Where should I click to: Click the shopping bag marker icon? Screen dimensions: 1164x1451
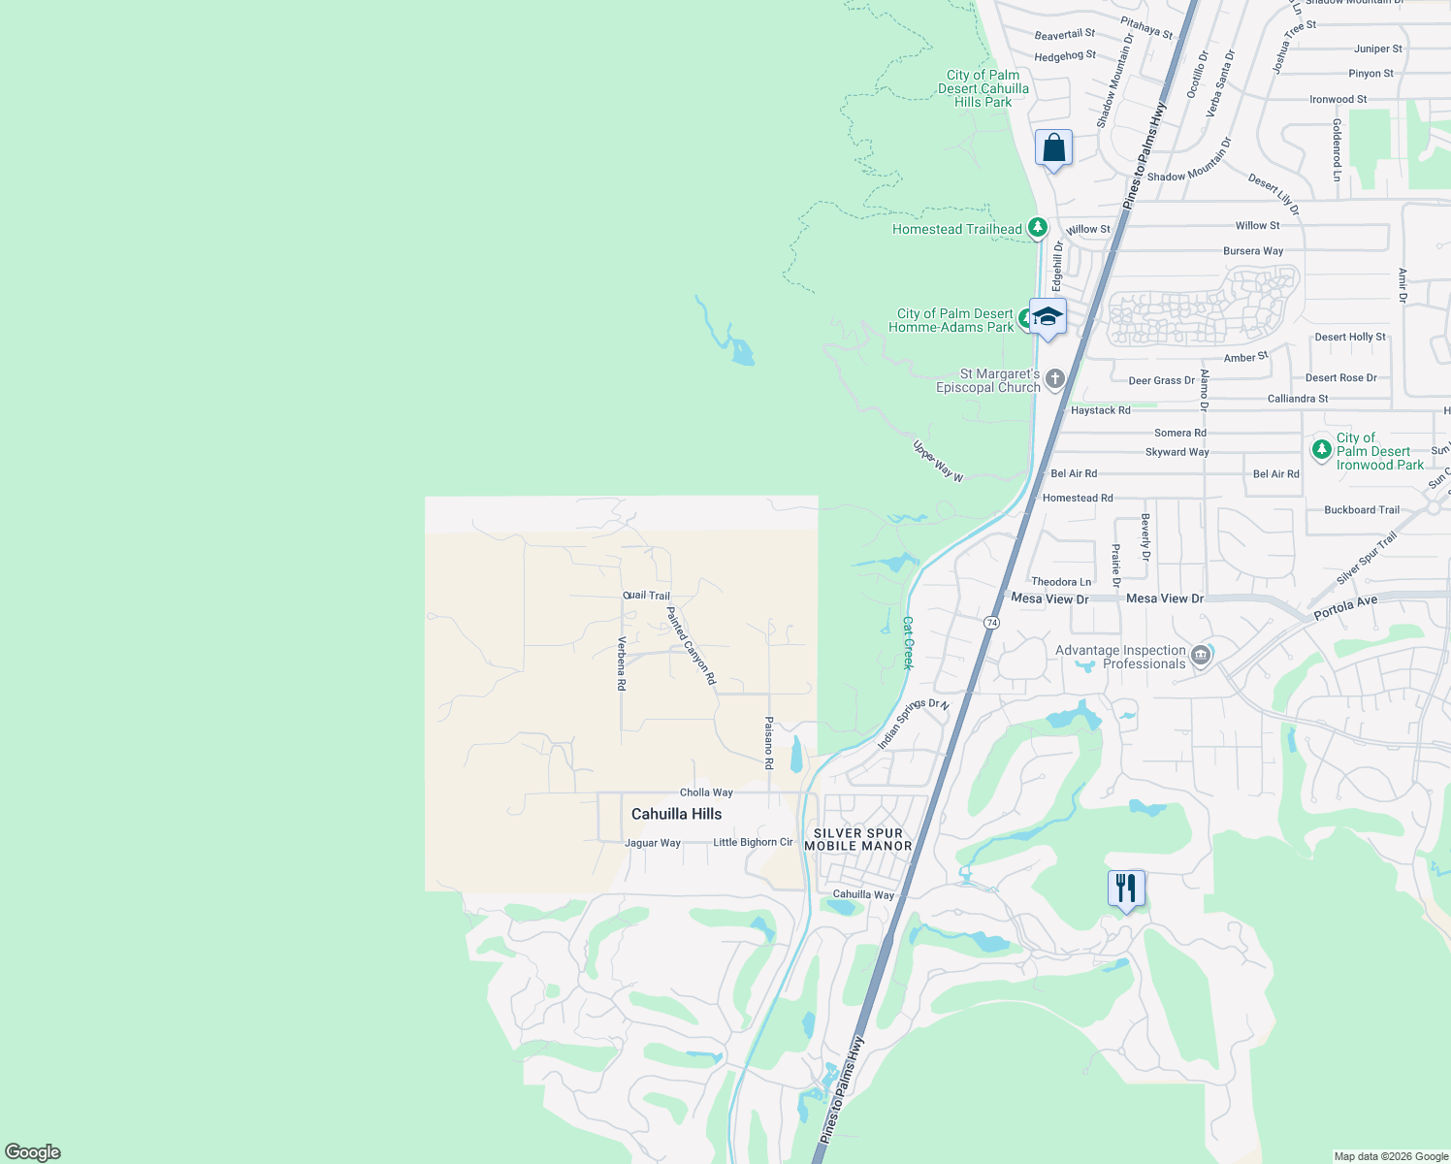[1053, 149]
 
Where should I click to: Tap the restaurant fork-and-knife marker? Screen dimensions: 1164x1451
[1126, 889]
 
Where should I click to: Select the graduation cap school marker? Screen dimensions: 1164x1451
[1048, 317]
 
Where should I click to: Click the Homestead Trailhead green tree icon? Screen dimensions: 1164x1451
[1038, 228]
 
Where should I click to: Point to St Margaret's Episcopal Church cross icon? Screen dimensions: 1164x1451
[1055, 379]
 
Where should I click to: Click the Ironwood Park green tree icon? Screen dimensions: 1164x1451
[1321, 449]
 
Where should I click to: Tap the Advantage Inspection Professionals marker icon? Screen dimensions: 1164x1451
[1201, 657]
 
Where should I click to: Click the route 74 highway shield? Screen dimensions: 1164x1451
[991, 622]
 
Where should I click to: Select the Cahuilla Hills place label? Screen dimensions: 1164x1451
[676, 814]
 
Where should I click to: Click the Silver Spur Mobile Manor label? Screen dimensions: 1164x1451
[858, 839]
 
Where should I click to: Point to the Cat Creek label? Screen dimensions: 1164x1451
[908, 642]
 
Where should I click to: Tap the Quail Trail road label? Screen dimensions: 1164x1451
[646, 596]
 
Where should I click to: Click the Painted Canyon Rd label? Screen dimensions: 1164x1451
[691, 646]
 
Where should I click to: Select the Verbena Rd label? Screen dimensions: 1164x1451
[622, 663]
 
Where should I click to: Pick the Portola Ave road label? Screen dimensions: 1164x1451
[1345, 608]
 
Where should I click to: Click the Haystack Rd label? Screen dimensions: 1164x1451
[1100, 410]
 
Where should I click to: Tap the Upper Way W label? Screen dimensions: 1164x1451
[938, 462]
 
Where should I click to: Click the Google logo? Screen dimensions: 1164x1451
[33, 1152]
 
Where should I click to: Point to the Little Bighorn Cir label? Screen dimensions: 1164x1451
[753, 842]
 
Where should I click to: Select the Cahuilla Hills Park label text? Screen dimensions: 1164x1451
[983, 88]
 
